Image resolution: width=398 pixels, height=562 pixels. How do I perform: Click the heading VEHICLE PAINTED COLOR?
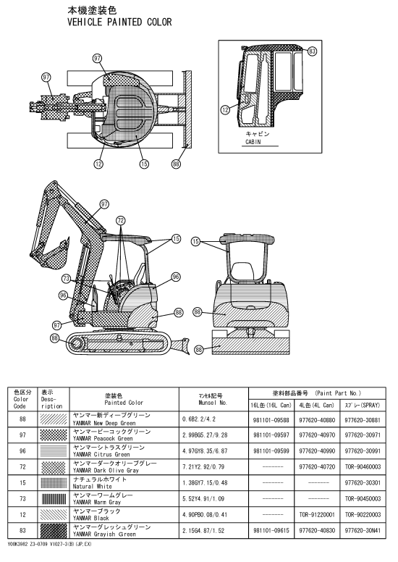[x=119, y=22]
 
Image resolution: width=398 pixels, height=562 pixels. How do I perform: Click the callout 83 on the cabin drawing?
[x=312, y=51]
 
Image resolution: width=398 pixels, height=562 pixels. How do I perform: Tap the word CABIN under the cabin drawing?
[x=253, y=142]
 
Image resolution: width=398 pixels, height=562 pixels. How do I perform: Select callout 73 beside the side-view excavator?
[x=66, y=279]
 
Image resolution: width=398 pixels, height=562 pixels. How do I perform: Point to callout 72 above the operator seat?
[x=121, y=220]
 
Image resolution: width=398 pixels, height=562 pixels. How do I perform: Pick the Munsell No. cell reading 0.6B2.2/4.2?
[x=199, y=419]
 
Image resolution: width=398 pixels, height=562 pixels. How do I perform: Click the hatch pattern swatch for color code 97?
[x=54, y=435]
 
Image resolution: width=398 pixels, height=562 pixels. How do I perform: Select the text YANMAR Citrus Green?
[x=101, y=454]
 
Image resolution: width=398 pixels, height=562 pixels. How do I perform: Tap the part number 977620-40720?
[x=317, y=466]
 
